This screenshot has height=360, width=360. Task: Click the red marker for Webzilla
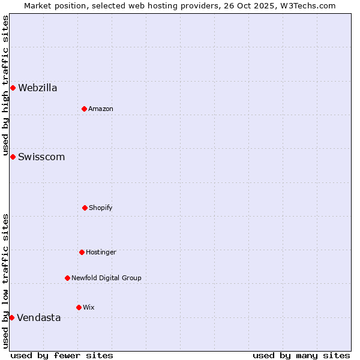coord(13,88)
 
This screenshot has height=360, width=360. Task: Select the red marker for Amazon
coord(84,109)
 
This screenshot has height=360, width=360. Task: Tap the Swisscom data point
coord(13,157)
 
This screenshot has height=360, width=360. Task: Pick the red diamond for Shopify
coord(85,208)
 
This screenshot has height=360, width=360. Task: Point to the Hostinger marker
coord(82,252)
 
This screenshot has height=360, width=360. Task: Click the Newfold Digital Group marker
coord(67,278)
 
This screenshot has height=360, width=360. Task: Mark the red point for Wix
coord(79,307)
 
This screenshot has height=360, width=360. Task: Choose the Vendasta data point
coord(11,317)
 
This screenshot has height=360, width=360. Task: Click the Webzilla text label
coord(38,88)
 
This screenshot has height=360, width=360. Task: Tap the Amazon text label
coord(101,109)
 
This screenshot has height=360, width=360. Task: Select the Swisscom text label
coord(41,157)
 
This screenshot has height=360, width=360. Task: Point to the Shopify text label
coord(101,208)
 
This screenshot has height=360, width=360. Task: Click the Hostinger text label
coord(101,252)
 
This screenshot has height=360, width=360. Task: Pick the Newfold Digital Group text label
coord(106,278)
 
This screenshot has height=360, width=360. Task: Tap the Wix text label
coord(89,307)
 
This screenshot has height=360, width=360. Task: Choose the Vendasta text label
coord(39,318)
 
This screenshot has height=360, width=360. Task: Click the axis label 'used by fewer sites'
coord(62,355)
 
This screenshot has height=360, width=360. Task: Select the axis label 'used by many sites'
coord(301,355)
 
